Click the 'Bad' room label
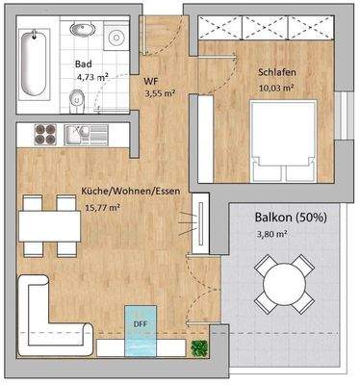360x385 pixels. point(84,64)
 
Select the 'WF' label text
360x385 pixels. point(151,82)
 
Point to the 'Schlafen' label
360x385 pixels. point(277,71)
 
